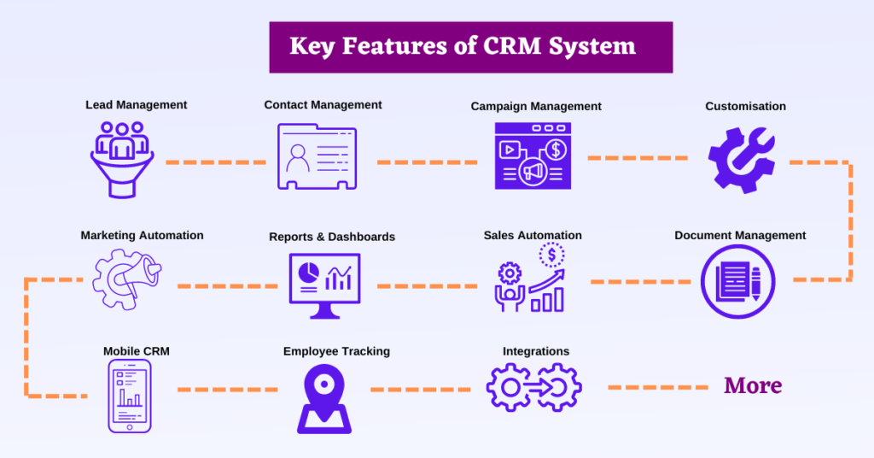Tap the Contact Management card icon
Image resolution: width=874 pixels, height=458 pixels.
(x=317, y=157)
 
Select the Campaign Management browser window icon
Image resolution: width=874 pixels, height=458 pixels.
(x=533, y=156)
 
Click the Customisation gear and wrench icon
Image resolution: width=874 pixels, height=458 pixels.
(x=741, y=158)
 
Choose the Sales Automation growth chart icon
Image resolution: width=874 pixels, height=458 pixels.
(x=531, y=280)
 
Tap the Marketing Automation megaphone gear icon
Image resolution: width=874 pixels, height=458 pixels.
(x=126, y=279)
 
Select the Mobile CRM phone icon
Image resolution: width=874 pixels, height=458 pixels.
(x=129, y=395)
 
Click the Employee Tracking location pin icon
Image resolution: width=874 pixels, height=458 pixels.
(x=323, y=398)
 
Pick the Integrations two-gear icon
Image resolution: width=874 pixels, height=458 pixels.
(x=533, y=386)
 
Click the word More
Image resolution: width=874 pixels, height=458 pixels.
(x=753, y=385)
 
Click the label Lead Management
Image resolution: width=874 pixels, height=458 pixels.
(x=136, y=105)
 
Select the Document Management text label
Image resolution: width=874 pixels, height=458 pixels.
(x=740, y=235)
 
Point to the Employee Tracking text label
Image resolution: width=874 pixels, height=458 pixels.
(x=336, y=350)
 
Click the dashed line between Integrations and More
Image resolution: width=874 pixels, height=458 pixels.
(x=657, y=388)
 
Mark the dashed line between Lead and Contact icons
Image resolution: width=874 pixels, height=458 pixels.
(x=215, y=161)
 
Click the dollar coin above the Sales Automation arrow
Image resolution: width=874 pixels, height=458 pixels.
(x=552, y=254)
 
